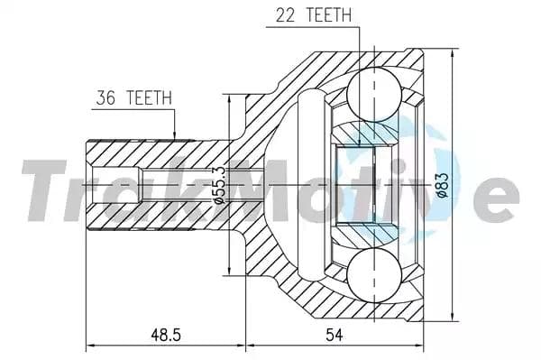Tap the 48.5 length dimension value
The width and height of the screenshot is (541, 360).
[x=165, y=335]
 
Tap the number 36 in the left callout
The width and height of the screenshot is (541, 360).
[x=105, y=97]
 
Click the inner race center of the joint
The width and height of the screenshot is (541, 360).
[x=365, y=184]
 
